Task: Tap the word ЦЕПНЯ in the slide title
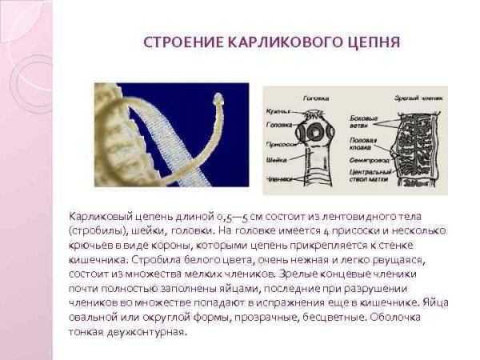(371, 42)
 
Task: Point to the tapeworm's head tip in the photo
(219, 101)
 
